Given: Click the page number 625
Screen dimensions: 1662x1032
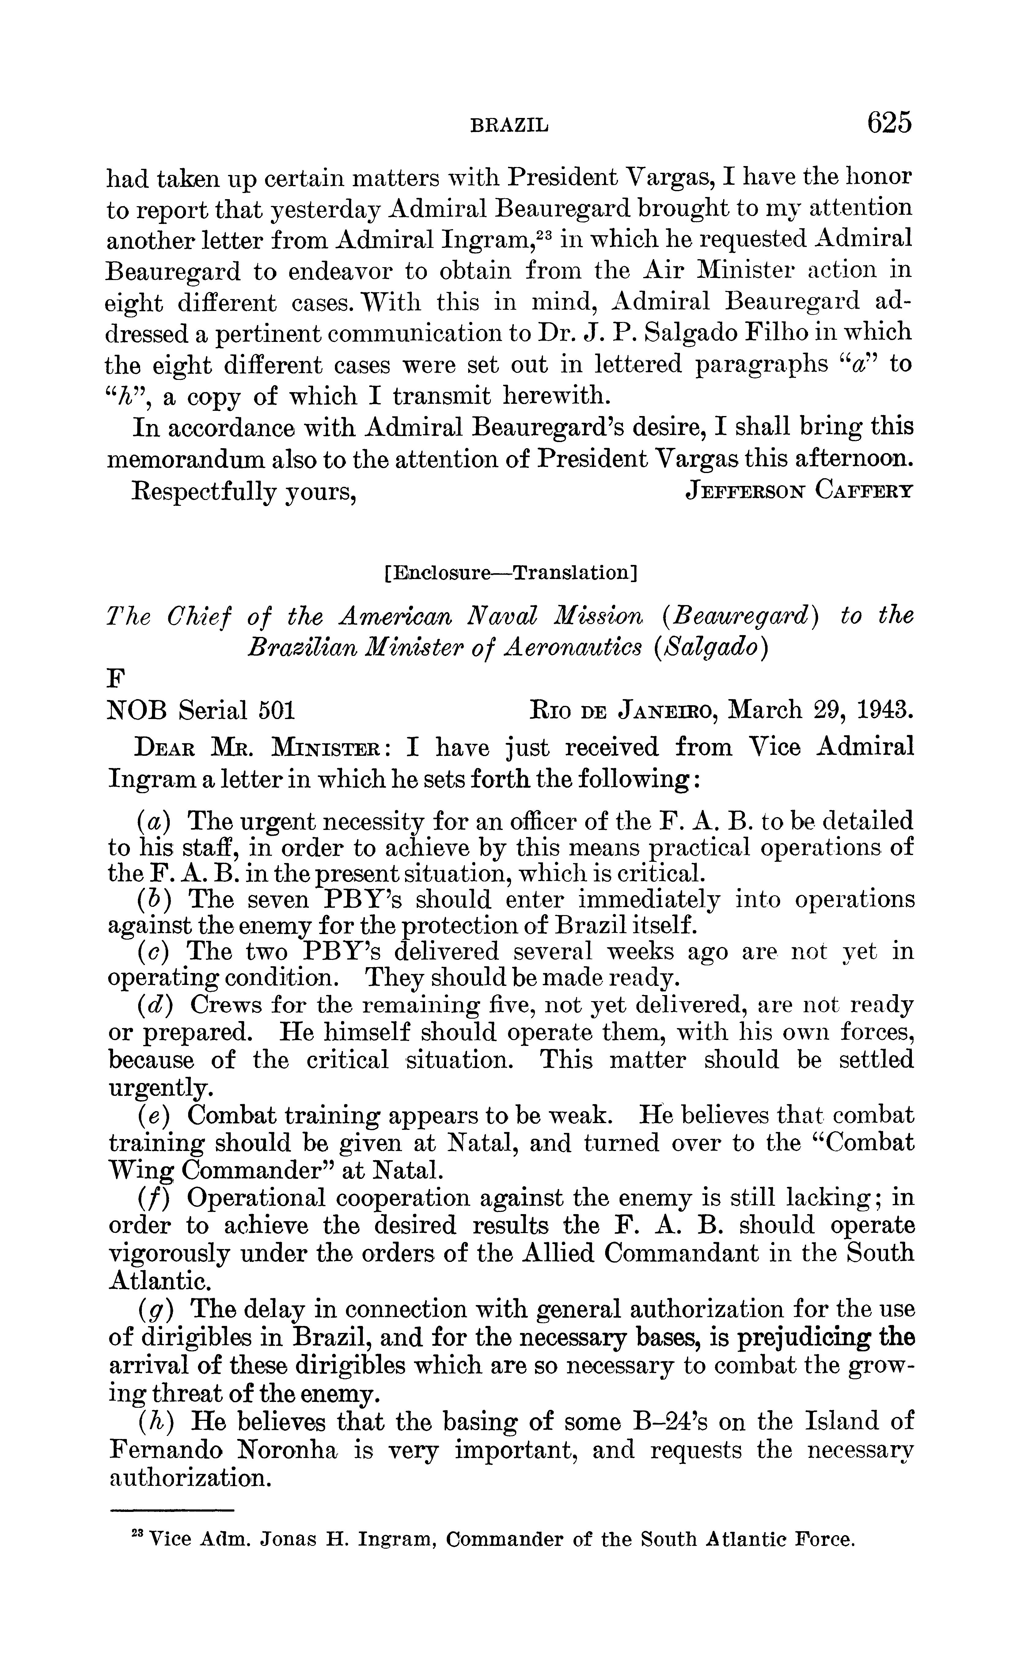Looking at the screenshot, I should [889, 123].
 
